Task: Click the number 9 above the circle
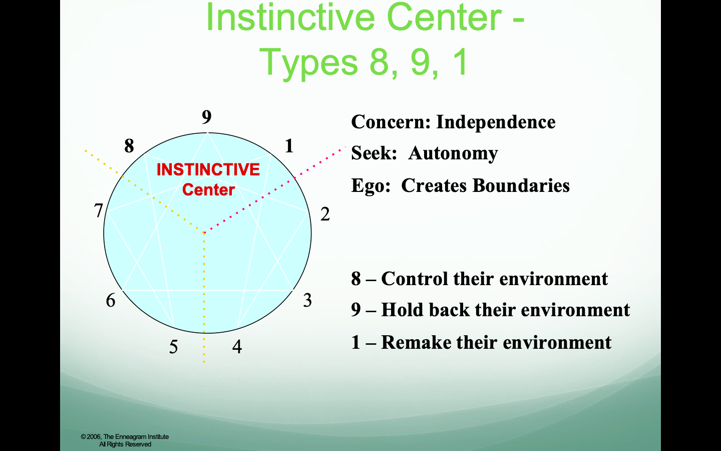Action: click(x=207, y=117)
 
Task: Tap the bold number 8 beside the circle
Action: click(x=129, y=146)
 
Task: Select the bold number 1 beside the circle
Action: click(x=289, y=146)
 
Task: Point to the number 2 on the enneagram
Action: click(x=325, y=214)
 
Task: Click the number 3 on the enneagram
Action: click(x=307, y=300)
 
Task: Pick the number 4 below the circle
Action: click(x=237, y=347)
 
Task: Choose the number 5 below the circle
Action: click(x=173, y=347)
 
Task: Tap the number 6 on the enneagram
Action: click(x=110, y=300)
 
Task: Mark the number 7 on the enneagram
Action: click(x=98, y=210)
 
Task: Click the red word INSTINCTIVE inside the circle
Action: click(x=208, y=169)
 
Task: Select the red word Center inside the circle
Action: click(x=208, y=189)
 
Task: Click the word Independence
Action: click(x=496, y=122)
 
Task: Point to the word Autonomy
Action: click(x=453, y=154)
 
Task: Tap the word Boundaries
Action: click(x=521, y=185)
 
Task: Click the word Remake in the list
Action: click(x=416, y=342)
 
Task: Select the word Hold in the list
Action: click(x=403, y=310)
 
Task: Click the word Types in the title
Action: click(x=308, y=62)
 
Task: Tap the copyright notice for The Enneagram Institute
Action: click(x=125, y=440)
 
